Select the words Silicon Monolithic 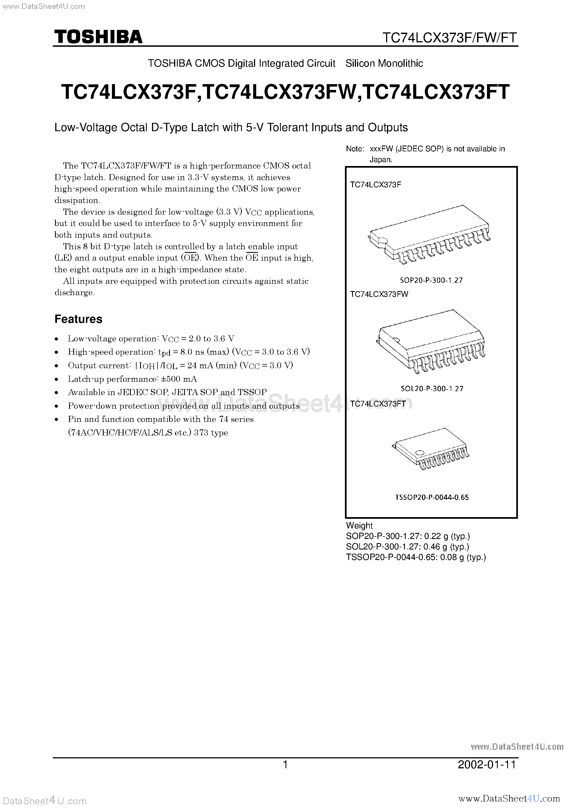(384, 63)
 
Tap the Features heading (78, 319)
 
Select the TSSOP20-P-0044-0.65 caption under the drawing (432, 497)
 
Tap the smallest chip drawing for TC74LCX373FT (430, 448)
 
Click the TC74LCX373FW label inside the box (379, 294)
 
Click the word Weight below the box (359, 525)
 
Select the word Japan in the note (380, 160)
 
